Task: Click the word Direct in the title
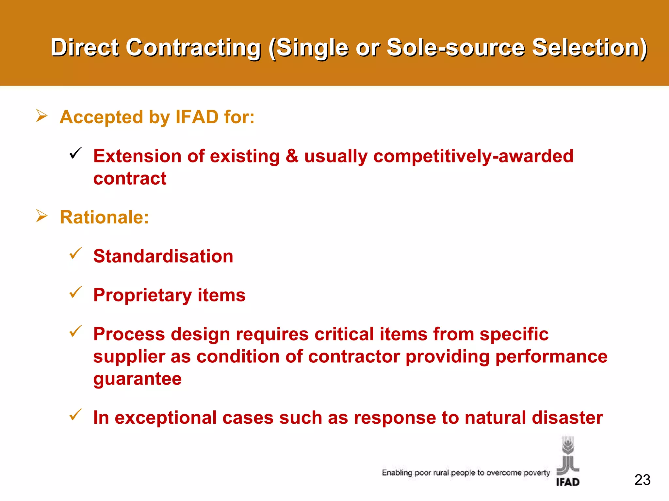point(85,48)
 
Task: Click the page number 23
point(642,480)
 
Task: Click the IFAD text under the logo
point(568,482)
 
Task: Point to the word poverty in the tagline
point(537,473)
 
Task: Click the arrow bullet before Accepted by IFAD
point(42,116)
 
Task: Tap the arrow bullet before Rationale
point(42,216)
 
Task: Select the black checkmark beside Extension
point(75,153)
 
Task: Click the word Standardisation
point(163,256)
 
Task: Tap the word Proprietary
point(142,295)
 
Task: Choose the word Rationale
point(104,217)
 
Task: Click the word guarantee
point(137,379)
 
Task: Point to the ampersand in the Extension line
point(292,156)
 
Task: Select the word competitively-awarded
point(473,156)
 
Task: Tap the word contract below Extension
point(130,178)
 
